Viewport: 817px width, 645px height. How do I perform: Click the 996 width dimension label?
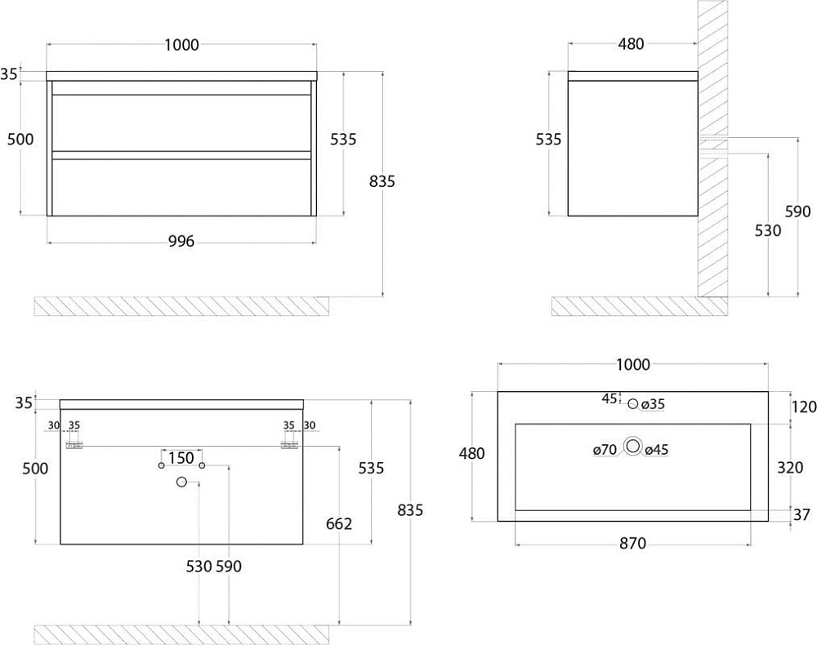tap(181, 241)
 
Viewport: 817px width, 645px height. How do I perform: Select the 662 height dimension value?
tap(339, 523)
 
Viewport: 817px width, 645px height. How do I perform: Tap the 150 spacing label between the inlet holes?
tap(181, 458)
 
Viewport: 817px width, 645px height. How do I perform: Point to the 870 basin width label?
tap(632, 544)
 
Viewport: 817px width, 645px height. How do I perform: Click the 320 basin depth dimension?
tap(790, 468)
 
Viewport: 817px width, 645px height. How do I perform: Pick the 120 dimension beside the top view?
tap(804, 407)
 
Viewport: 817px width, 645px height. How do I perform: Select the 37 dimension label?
tap(802, 515)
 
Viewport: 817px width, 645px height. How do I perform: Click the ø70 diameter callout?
tap(605, 449)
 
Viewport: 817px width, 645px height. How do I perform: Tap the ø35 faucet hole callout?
tap(653, 404)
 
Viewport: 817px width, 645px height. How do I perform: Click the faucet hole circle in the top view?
tap(633, 403)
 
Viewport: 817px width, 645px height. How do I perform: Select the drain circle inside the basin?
tap(634, 446)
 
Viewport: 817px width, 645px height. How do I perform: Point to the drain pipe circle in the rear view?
tap(181, 482)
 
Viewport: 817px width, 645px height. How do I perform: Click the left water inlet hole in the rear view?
tap(162, 465)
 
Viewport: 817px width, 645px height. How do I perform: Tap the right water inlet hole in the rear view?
tap(202, 465)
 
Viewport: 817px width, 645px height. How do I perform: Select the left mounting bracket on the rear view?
tap(74, 446)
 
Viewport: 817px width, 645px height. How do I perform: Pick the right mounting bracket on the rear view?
tap(289, 446)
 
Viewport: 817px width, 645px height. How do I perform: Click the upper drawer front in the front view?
tap(182, 122)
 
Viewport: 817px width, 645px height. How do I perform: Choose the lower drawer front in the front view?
tap(182, 187)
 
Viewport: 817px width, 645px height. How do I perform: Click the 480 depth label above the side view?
tap(631, 44)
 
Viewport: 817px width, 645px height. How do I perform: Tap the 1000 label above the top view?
tap(633, 364)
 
